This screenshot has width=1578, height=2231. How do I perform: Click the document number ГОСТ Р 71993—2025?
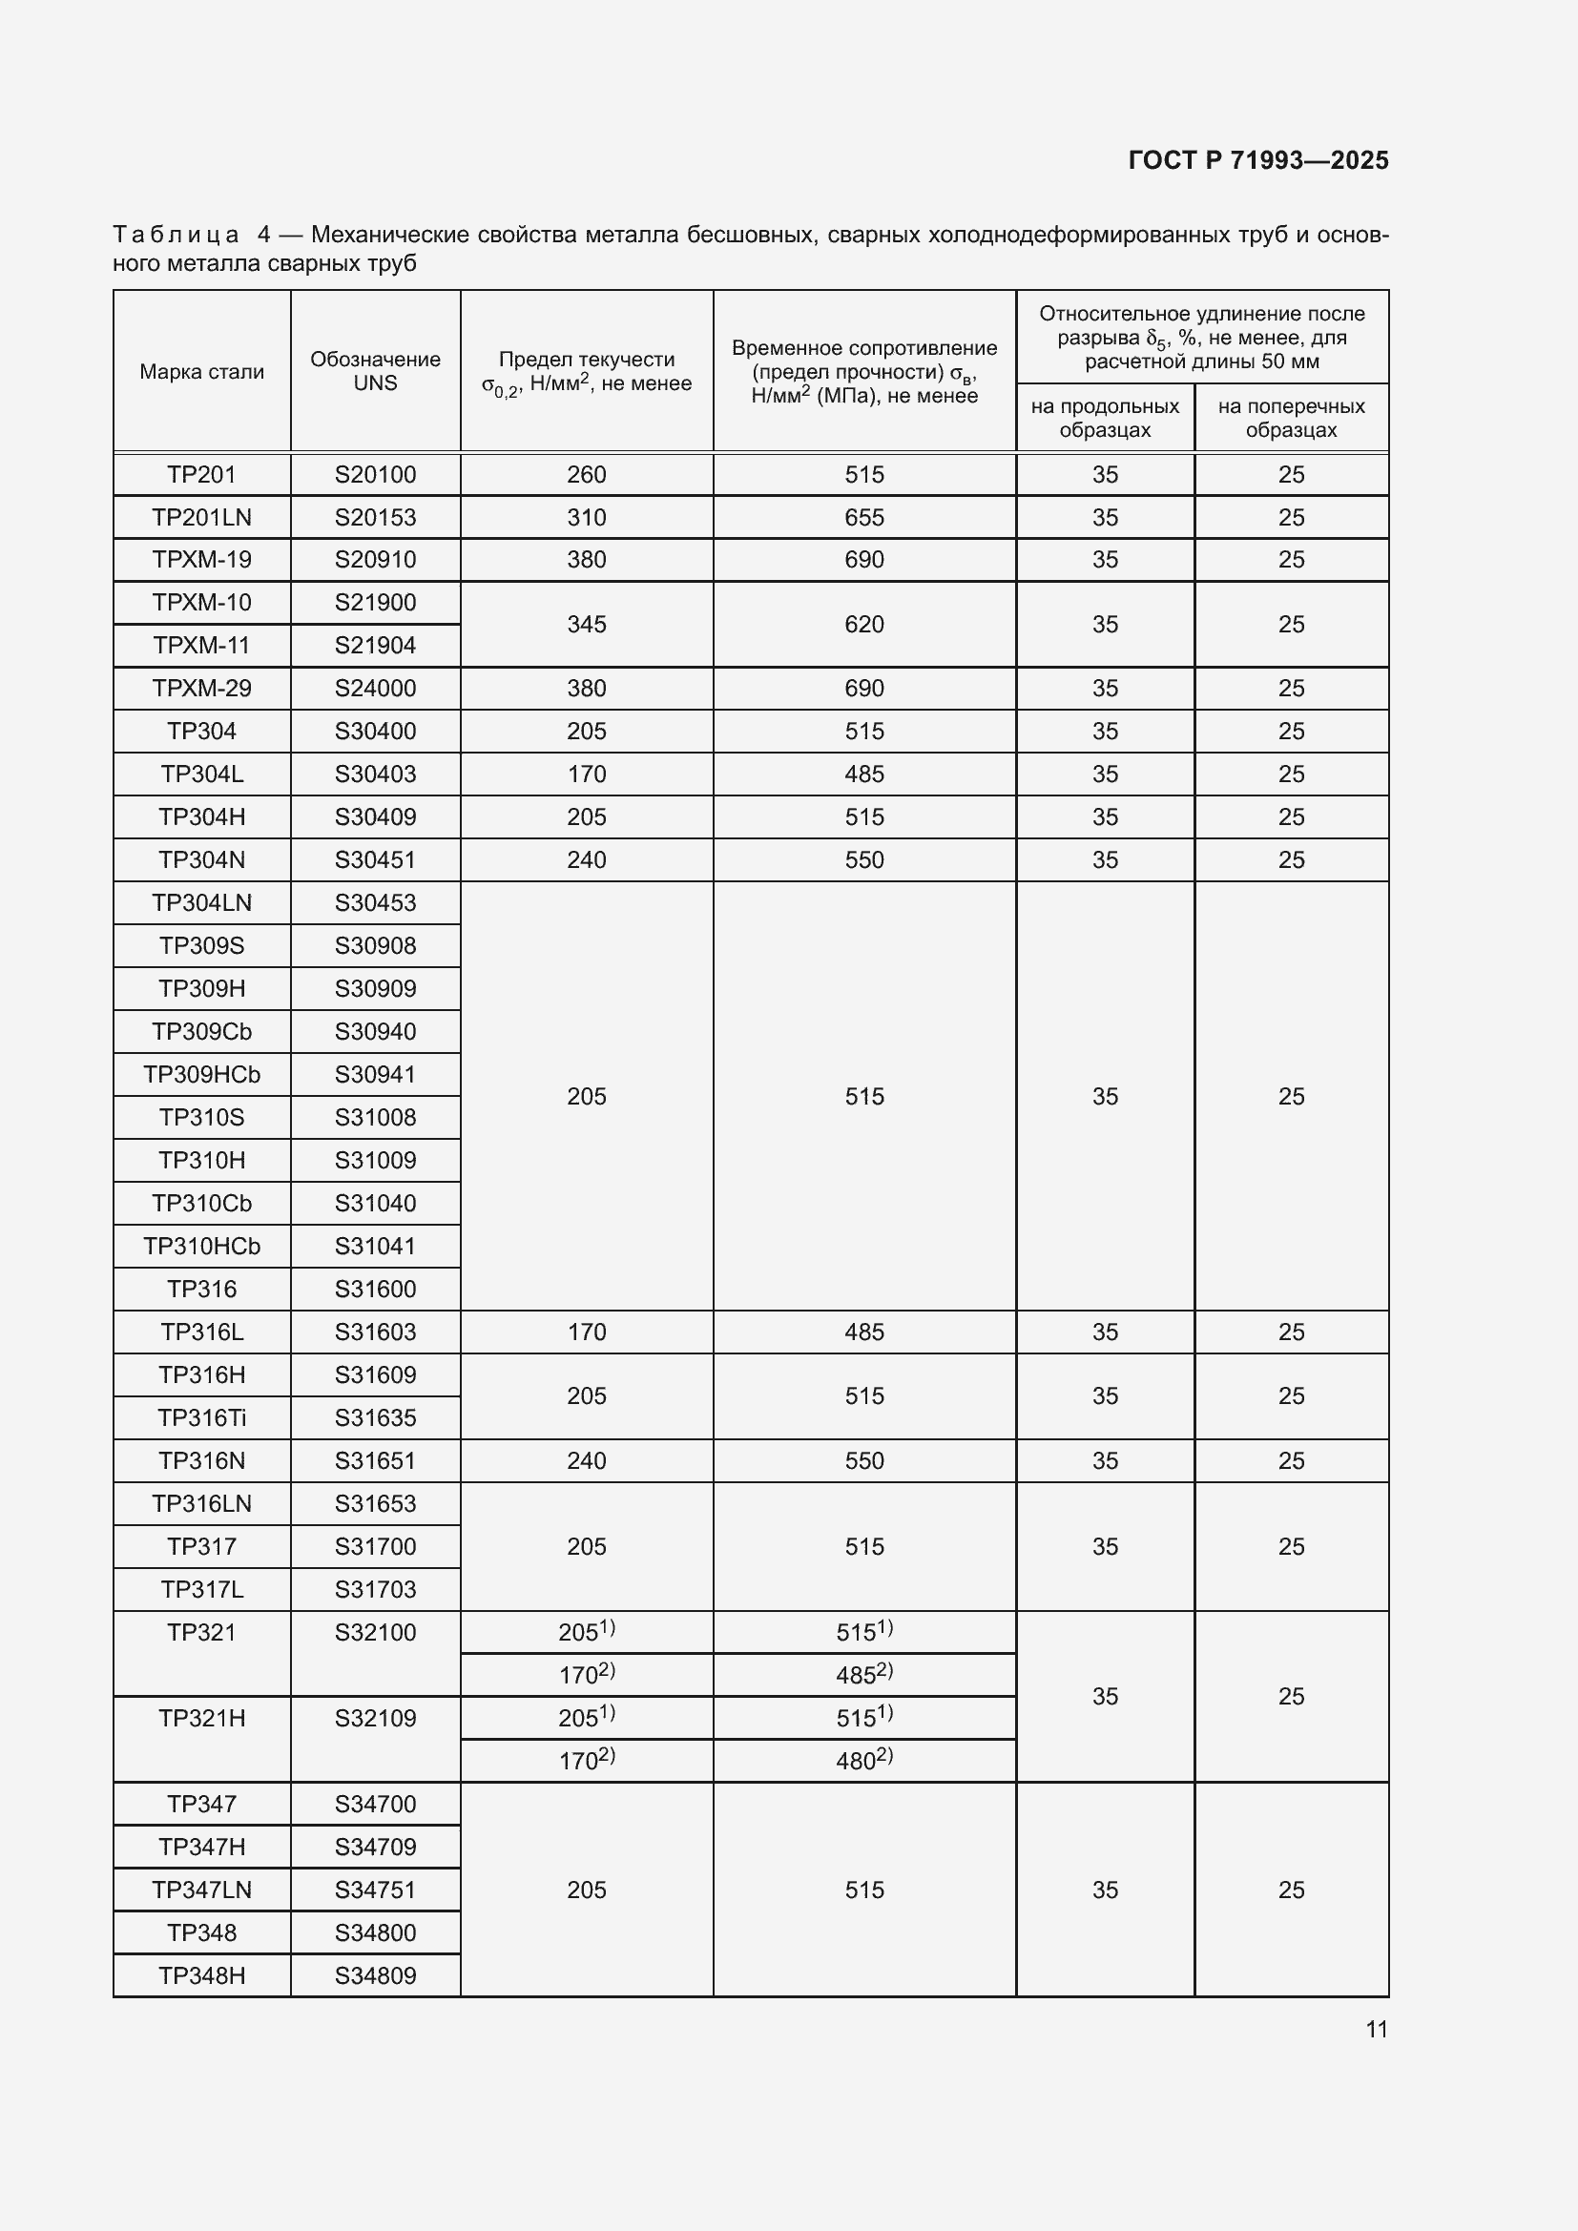click(x=1258, y=160)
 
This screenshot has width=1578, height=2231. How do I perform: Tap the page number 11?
click(x=1376, y=2029)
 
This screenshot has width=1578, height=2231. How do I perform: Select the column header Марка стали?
click(x=201, y=371)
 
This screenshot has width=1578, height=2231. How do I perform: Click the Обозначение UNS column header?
click(x=375, y=371)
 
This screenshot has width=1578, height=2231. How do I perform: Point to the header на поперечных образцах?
click(x=1291, y=418)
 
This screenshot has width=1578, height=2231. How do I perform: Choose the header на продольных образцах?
click(x=1105, y=418)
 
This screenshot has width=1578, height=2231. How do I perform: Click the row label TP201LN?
click(x=201, y=517)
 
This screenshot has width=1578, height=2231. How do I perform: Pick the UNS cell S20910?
click(x=375, y=560)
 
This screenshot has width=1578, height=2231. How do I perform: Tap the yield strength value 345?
click(x=586, y=624)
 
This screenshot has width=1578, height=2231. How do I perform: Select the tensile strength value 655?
click(x=863, y=517)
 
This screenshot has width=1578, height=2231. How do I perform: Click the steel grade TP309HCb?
click(x=201, y=1074)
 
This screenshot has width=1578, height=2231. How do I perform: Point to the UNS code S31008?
click(x=375, y=1117)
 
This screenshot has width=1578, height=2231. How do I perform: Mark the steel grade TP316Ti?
click(x=201, y=1417)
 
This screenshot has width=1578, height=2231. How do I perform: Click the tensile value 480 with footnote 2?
click(x=863, y=1761)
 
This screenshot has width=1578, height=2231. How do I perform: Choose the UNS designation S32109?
click(x=375, y=1718)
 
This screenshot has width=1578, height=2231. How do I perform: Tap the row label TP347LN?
click(x=201, y=1890)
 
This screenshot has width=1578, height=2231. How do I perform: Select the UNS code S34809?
click(x=375, y=1975)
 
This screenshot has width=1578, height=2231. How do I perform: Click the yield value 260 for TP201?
click(x=586, y=474)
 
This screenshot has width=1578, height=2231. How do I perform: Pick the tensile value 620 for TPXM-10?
click(x=863, y=624)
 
